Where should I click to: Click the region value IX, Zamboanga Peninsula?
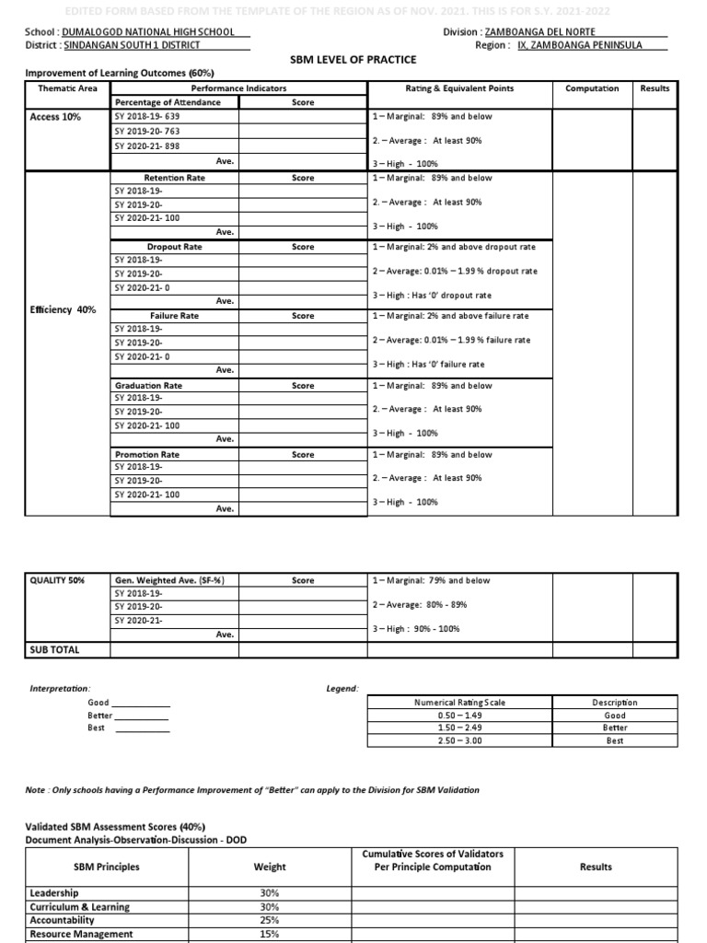point(593,44)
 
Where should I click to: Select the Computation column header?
point(592,88)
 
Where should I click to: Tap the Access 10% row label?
point(55,118)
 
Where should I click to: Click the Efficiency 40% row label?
point(63,310)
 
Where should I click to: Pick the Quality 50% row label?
point(57,580)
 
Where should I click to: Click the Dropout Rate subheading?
point(174,247)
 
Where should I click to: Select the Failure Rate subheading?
point(174,316)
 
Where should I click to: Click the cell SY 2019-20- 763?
point(146,132)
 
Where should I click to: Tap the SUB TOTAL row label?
point(55,649)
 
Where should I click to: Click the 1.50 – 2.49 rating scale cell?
point(459,728)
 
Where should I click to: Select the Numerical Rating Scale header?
point(459,703)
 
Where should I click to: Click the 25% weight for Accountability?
point(270,920)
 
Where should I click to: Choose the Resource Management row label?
point(81,934)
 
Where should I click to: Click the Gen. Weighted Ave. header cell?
point(170,580)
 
